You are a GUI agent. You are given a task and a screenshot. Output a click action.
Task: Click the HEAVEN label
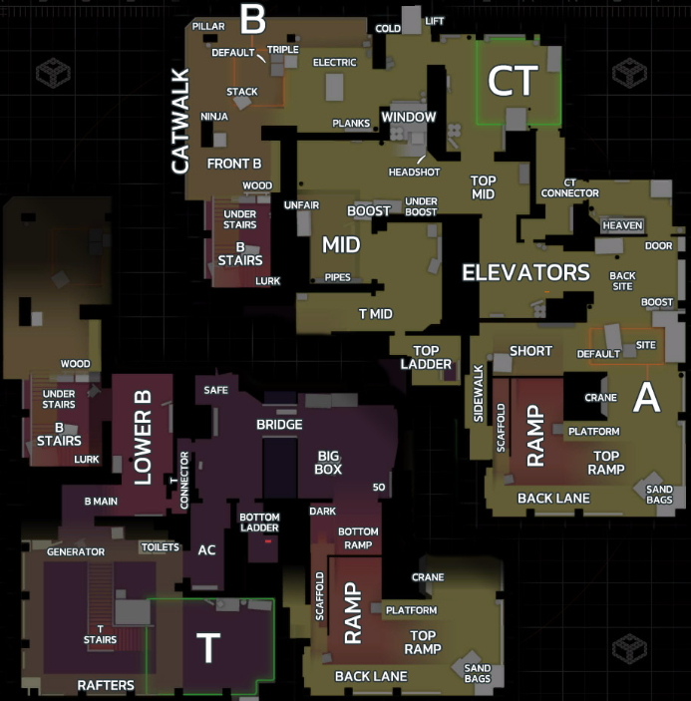pyautogui.click(x=622, y=225)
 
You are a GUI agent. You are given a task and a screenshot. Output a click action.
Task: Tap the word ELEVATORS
pyautogui.click(x=526, y=272)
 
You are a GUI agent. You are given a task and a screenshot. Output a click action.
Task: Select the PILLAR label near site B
pyautogui.click(x=208, y=26)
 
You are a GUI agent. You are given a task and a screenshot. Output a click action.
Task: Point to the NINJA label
pyautogui.click(x=214, y=117)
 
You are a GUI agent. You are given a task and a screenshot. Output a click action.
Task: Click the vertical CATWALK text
pyautogui.click(x=181, y=121)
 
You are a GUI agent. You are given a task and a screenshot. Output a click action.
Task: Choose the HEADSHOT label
pyautogui.click(x=415, y=173)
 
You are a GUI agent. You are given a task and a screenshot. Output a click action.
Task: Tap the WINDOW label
pyautogui.click(x=409, y=117)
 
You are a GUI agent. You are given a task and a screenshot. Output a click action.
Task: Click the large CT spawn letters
pyautogui.click(x=513, y=81)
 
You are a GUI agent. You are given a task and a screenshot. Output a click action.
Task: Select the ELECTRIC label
pyautogui.click(x=335, y=63)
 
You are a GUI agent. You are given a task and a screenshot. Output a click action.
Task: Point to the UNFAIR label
pyautogui.click(x=302, y=205)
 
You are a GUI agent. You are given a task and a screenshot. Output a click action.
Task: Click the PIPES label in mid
pyautogui.click(x=337, y=277)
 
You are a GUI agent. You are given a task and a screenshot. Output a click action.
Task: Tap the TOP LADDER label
pyautogui.click(x=426, y=358)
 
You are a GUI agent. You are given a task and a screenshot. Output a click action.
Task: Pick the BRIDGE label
pyautogui.click(x=279, y=425)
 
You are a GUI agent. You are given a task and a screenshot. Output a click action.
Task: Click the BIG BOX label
pyautogui.click(x=328, y=463)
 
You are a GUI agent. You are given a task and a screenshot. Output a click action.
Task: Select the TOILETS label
pyautogui.click(x=161, y=547)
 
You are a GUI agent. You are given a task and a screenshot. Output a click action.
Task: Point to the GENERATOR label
pyautogui.click(x=76, y=552)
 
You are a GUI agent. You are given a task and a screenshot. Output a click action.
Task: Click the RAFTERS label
pyautogui.click(x=106, y=685)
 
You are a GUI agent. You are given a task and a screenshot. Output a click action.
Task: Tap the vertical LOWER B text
pyautogui.click(x=143, y=438)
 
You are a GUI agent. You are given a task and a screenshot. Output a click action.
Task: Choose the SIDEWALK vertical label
pyautogui.click(x=479, y=394)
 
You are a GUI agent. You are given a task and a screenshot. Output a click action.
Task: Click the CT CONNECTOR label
pyautogui.click(x=570, y=188)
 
